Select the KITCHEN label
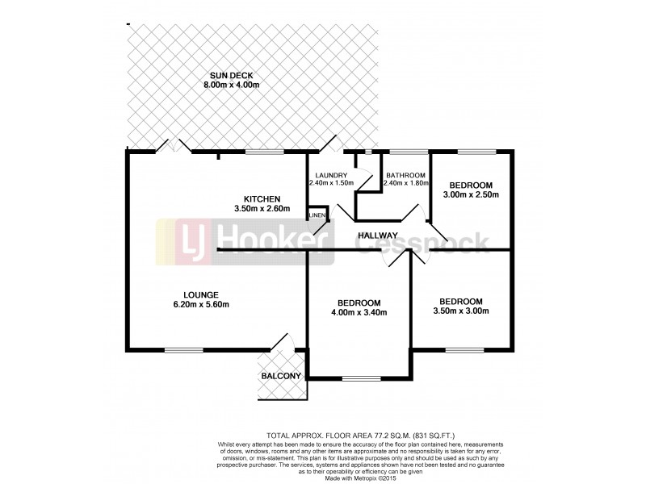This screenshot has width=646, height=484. (262, 199)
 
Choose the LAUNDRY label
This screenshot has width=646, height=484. (332, 175)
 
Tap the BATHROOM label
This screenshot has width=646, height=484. (405, 175)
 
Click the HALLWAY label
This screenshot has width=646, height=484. (384, 236)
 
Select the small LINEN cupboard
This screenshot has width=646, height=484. (316, 215)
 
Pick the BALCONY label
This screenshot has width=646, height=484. (281, 377)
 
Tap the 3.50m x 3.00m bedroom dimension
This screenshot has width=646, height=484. (462, 311)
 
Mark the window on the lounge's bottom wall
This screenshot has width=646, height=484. (183, 349)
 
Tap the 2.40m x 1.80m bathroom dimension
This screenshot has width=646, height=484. (405, 184)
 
